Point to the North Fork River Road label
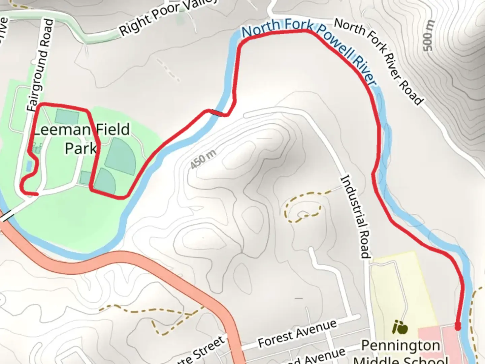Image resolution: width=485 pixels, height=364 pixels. (x=379, y=61)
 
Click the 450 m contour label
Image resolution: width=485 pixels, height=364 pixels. (x=203, y=159)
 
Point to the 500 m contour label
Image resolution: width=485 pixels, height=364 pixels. (x=428, y=35)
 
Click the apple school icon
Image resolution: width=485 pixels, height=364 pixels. (x=400, y=327)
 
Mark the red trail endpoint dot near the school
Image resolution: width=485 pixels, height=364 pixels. (x=458, y=326)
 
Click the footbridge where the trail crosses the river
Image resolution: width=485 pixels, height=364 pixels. (x=218, y=113)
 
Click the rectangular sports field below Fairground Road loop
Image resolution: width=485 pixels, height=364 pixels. (x=67, y=117)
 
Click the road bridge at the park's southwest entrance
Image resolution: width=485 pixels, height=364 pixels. (x=7, y=216)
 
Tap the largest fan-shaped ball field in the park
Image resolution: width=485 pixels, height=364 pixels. (x=121, y=157)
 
